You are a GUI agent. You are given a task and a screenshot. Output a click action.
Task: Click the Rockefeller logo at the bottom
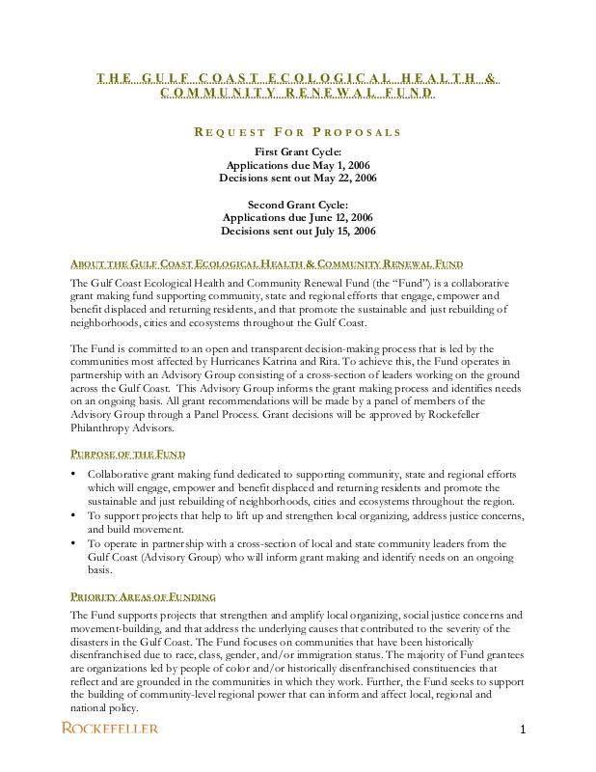click(110, 728)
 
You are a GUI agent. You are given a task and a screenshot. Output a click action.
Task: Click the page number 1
click(522, 730)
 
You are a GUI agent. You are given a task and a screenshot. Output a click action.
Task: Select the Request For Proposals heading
click(297, 132)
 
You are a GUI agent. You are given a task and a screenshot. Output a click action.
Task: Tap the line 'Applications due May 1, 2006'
click(297, 165)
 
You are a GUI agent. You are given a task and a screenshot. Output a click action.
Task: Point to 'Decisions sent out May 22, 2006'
click(297, 179)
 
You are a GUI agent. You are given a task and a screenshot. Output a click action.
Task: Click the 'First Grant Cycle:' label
click(297, 152)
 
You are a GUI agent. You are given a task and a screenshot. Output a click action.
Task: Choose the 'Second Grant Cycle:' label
click(297, 205)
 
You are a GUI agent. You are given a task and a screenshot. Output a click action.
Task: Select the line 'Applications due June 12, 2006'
click(297, 218)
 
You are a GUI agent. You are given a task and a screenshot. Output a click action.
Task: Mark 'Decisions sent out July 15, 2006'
click(297, 232)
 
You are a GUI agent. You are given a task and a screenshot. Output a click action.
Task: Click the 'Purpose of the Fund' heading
click(128, 454)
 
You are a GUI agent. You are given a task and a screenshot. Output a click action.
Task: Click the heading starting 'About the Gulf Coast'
click(266, 264)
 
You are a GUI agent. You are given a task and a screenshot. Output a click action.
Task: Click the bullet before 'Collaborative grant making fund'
click(75, 475)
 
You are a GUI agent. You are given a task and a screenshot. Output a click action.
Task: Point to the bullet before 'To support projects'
click(75, 516)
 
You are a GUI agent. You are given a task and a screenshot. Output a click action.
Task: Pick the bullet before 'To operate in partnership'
click(75, 543)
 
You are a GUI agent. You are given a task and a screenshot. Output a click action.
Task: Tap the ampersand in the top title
click(492, 78)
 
